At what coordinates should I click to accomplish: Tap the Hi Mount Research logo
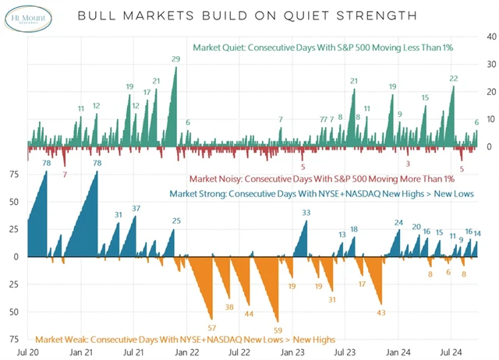27,16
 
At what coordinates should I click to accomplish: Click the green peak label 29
176,59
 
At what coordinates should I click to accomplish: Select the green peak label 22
453,79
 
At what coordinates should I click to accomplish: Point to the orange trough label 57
211,326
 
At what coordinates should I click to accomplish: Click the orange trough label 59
278,329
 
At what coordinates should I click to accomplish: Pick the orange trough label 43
381,312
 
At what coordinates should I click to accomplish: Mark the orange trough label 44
249,314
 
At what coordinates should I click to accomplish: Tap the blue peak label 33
306,212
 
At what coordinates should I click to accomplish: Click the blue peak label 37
136,208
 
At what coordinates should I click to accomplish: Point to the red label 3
408,164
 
